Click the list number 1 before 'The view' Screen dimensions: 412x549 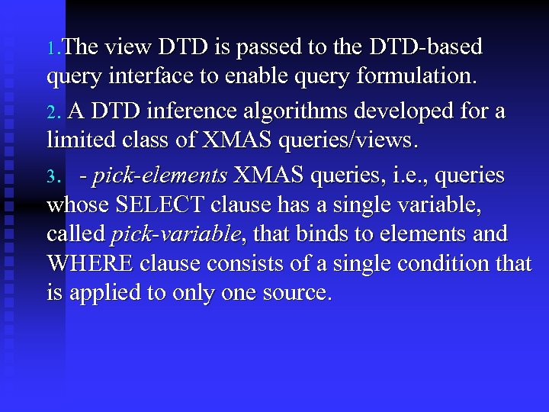(51, 49)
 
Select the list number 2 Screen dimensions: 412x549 (52, 113)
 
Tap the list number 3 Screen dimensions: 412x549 (52, 178)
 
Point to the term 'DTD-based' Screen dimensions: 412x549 (425, 47)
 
